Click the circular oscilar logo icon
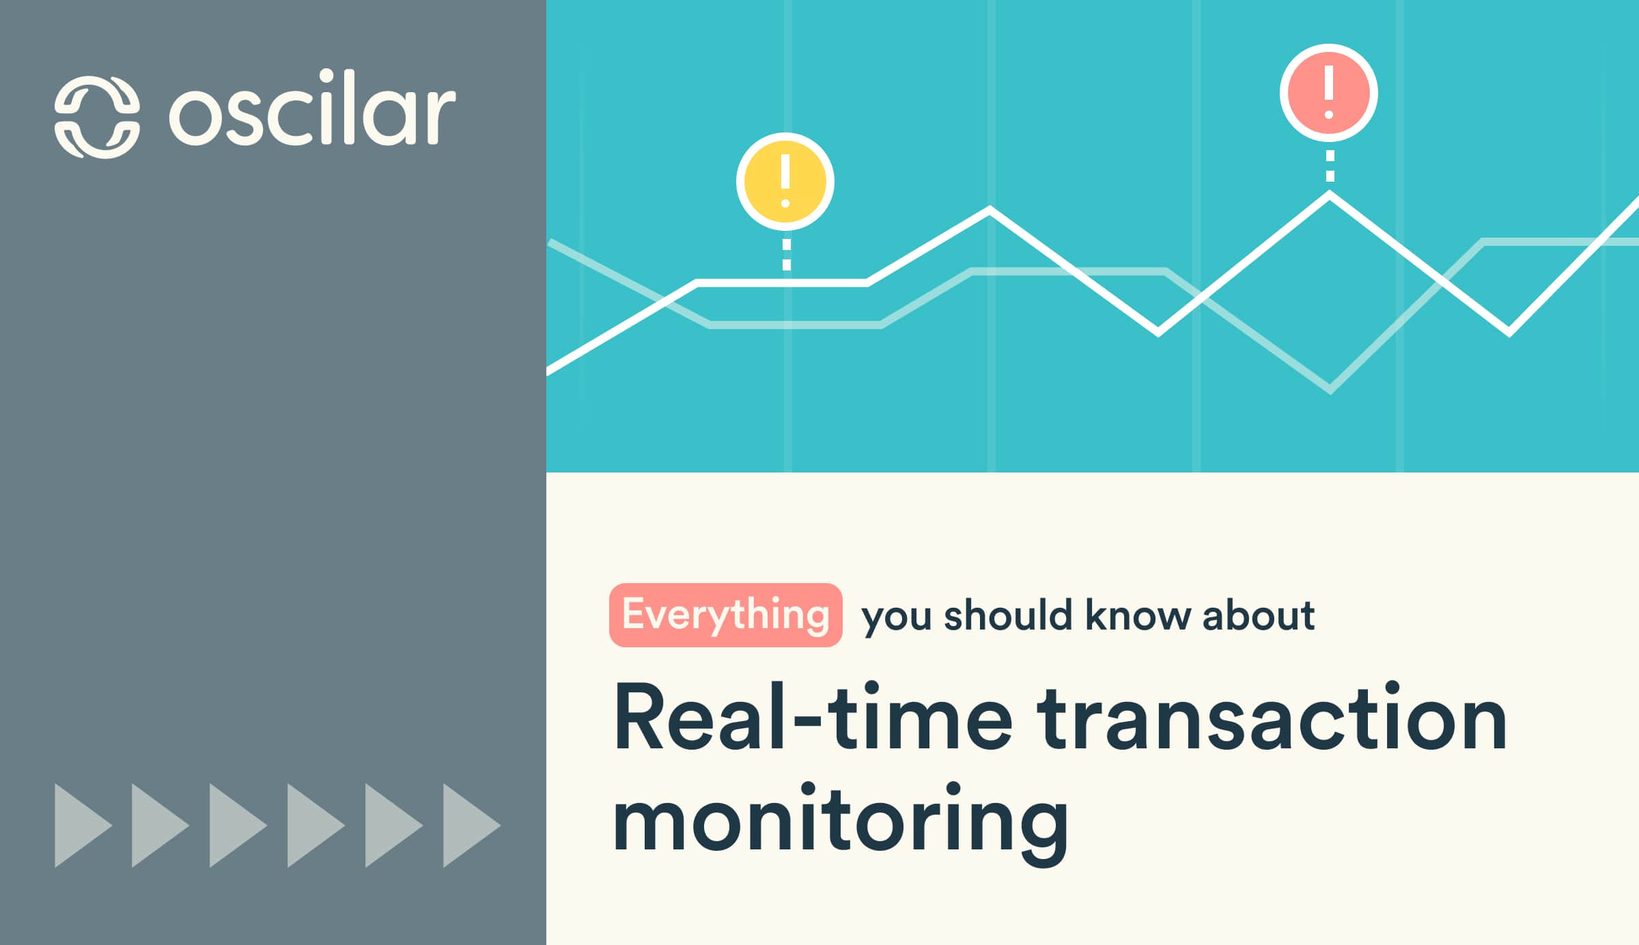(97, 117)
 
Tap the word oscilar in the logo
(312, 109)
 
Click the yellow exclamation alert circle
(785, 182)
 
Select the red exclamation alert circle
(1329, 93)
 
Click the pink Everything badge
(725, 615)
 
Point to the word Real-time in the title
(813, 718)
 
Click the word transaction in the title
(1272, 718)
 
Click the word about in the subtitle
(1258, 616)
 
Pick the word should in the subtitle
(1008, 616)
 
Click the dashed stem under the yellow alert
(786, 255)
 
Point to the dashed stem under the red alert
(1330, 166)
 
